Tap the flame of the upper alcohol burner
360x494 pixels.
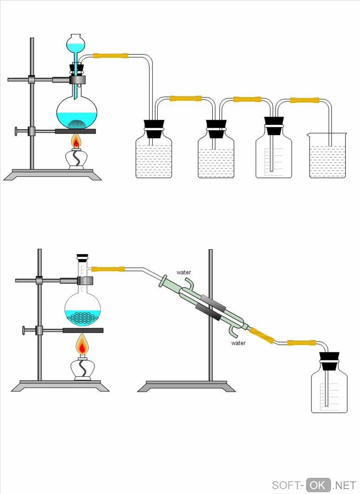pos(76,142)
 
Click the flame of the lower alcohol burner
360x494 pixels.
pos(82,345)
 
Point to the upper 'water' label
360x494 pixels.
pos(184,272)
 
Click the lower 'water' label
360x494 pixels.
pos(238,343)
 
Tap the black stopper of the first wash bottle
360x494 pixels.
pos(154,128)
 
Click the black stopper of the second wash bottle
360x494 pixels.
pos(216,128)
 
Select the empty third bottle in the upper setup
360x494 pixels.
pos(274,159)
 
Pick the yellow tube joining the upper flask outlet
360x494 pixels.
pos(110,56)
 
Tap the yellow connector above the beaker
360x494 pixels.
pos(305,100)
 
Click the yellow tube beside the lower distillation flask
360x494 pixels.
pos(108,269)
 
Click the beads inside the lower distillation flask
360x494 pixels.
pos(83,318)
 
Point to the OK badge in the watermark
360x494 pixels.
pos(318,485)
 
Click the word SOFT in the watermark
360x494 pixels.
pos(286,486)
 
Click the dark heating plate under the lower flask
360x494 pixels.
pos(83,330)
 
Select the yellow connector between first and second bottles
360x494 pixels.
pos(186,98)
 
